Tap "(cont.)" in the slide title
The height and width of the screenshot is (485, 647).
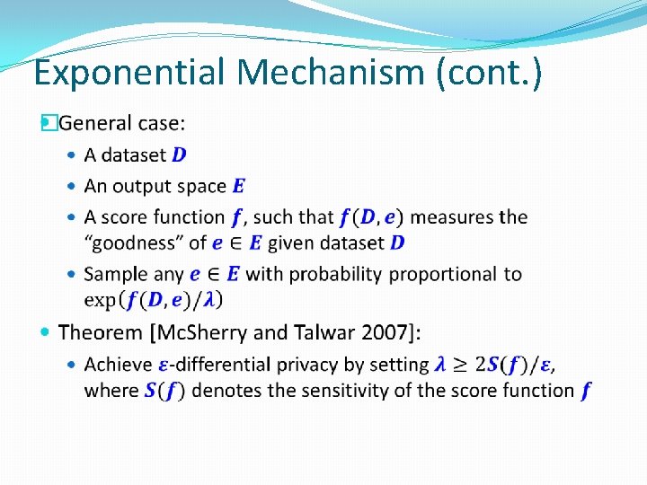coord(489,73)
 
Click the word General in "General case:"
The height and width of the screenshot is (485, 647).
coord(96,122)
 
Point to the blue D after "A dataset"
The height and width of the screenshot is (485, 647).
coord(180,154)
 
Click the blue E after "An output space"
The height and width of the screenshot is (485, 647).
coord(238,186)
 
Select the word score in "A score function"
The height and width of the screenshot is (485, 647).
coord(123,217)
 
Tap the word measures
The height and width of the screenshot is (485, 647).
coord(453,217)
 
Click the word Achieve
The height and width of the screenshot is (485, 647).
coord(118,365)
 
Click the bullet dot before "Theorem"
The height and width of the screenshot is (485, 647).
coord(46,332)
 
